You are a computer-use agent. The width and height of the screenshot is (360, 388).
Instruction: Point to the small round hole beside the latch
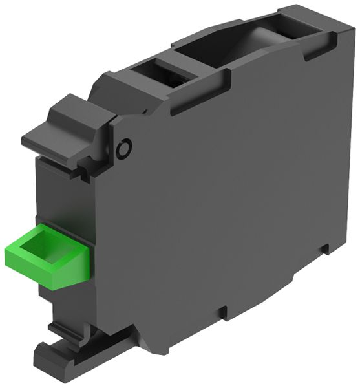pos(123,149)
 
